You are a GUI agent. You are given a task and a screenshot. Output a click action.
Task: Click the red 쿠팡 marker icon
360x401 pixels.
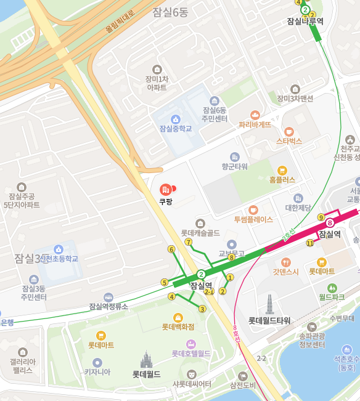(165, 188)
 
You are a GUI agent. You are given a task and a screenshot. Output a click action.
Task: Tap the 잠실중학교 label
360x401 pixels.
(176, 129)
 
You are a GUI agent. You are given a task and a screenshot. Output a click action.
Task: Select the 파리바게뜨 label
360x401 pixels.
(255, 124)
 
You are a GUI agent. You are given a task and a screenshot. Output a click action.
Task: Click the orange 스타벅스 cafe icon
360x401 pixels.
(288, 131)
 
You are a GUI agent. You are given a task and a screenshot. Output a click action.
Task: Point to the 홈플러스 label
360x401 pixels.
(282, 180)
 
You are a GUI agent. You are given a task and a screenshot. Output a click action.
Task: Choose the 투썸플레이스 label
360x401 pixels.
(253, 219)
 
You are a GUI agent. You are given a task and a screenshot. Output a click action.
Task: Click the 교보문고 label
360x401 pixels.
(231, 253)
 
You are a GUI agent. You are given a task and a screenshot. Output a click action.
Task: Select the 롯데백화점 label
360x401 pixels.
(178, 326)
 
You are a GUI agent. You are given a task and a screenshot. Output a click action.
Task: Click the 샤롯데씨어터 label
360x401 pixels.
(192, 384)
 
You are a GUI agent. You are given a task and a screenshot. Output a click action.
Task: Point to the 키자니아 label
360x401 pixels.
(97, 371)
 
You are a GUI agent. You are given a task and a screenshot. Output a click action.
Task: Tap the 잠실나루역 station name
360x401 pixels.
(305, 21)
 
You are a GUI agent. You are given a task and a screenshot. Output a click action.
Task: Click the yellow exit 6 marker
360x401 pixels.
(171, 249)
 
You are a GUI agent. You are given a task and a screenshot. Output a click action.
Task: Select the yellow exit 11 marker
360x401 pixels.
(309, 243)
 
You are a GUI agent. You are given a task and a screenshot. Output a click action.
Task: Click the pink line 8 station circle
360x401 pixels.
(330, 222)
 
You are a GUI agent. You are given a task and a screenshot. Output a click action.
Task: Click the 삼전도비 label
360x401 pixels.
(242, 386)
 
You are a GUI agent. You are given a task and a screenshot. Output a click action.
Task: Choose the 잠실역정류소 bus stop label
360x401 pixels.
(108, 306)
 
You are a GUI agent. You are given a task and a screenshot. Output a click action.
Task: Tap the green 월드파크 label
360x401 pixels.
(332, 297)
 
